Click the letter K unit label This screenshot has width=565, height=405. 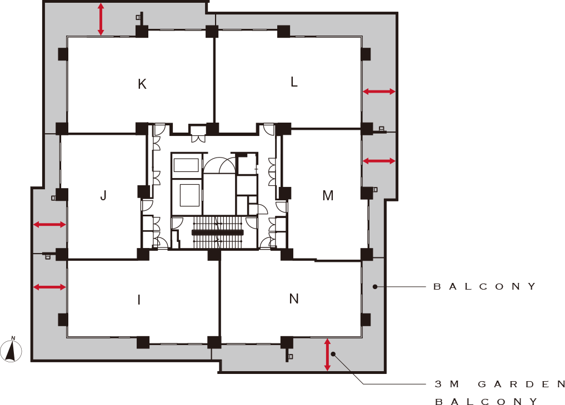(x=142, y=84)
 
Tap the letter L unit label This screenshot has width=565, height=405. (x=294, y=82)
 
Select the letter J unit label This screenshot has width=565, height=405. (x=103, y=196)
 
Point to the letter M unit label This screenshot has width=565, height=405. (x=328, y=196)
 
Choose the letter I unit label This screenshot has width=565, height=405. (x=139, y=300)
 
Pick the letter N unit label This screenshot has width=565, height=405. (x=294, y=298)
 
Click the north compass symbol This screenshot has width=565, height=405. (x=11, y=350)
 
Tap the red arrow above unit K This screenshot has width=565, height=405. (x=101, y=19)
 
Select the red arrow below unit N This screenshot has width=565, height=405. (x=327, y=355)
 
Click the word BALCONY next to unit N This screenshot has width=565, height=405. (x=484, y=287)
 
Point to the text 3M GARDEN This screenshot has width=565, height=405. (x=500, y=384)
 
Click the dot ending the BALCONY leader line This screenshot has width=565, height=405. (x=375, y=287)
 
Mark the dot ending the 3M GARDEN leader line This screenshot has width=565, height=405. (x=333, y=355)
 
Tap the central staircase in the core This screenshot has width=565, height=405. (x=218, y=232)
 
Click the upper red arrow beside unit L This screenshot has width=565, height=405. (x=379, y=92)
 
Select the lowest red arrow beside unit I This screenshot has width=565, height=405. (x=50, y=287)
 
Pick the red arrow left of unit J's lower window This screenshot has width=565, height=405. (x=50, y=225)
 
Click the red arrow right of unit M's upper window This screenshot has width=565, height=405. (x=379, y=161)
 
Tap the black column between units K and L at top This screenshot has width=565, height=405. (x=212, y=31)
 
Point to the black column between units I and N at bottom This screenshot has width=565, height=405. (x=214, y=342)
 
